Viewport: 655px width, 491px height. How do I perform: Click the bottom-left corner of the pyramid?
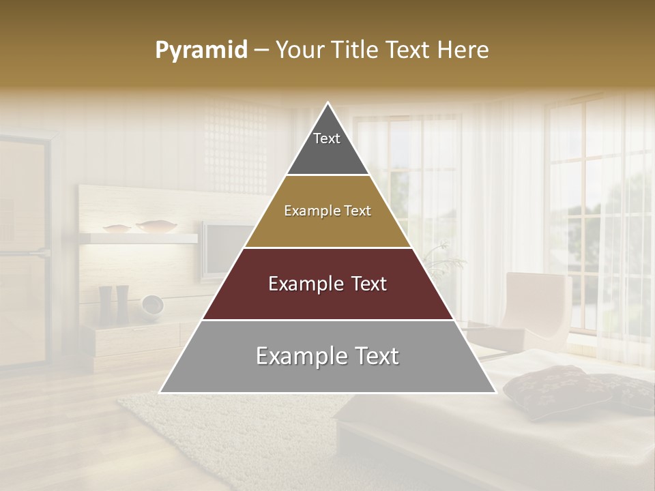161,391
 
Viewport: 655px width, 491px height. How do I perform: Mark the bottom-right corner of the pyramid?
495,391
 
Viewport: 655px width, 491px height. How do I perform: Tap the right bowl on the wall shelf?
156,226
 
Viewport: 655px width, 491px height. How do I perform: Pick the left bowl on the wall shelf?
117,228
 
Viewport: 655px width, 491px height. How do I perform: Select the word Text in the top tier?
327,138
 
